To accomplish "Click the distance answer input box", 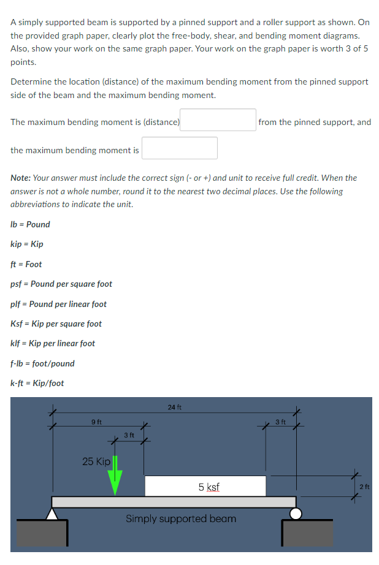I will pos(218,120).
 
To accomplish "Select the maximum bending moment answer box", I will pos(180,148).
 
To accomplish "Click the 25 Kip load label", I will pos(96,461).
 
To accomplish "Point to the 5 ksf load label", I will pos(209,487).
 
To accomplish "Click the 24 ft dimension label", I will pos(174,407).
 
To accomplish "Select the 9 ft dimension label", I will pos(96,422).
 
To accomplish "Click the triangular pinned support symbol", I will pos(52,514).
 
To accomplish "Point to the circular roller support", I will pos(296,514).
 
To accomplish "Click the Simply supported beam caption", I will pos(181,518).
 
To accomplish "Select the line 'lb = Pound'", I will pos(31,224).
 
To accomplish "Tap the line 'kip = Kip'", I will pos(27,244).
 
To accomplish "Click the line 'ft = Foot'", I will pos(26,264).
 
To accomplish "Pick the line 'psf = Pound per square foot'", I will pos(61,284).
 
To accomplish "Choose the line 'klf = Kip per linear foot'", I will pos(53,343).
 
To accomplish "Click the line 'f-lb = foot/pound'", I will pos(43,363).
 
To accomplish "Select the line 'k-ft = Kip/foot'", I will pos(37,383).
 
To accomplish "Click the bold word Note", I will pos(20,178).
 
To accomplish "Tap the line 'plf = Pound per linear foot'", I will pos(59,304).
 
